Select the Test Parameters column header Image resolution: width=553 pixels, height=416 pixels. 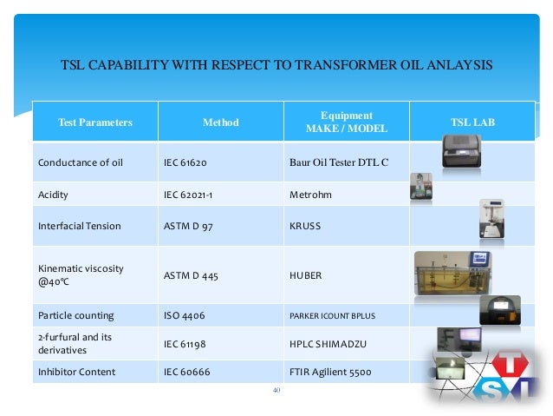95,122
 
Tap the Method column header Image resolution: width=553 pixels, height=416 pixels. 220,122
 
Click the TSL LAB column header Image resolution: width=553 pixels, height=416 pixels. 472,122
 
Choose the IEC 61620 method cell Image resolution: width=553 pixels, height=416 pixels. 185,162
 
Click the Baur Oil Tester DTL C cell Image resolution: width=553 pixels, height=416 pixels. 339,162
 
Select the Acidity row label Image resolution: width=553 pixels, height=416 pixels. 54,195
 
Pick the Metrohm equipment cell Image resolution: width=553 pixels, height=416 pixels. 310,195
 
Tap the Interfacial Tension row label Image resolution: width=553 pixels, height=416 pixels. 79,226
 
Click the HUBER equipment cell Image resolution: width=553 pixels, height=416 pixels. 306,275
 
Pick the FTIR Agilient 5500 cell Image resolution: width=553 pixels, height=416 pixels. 329,372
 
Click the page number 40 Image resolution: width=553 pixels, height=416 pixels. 276,390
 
